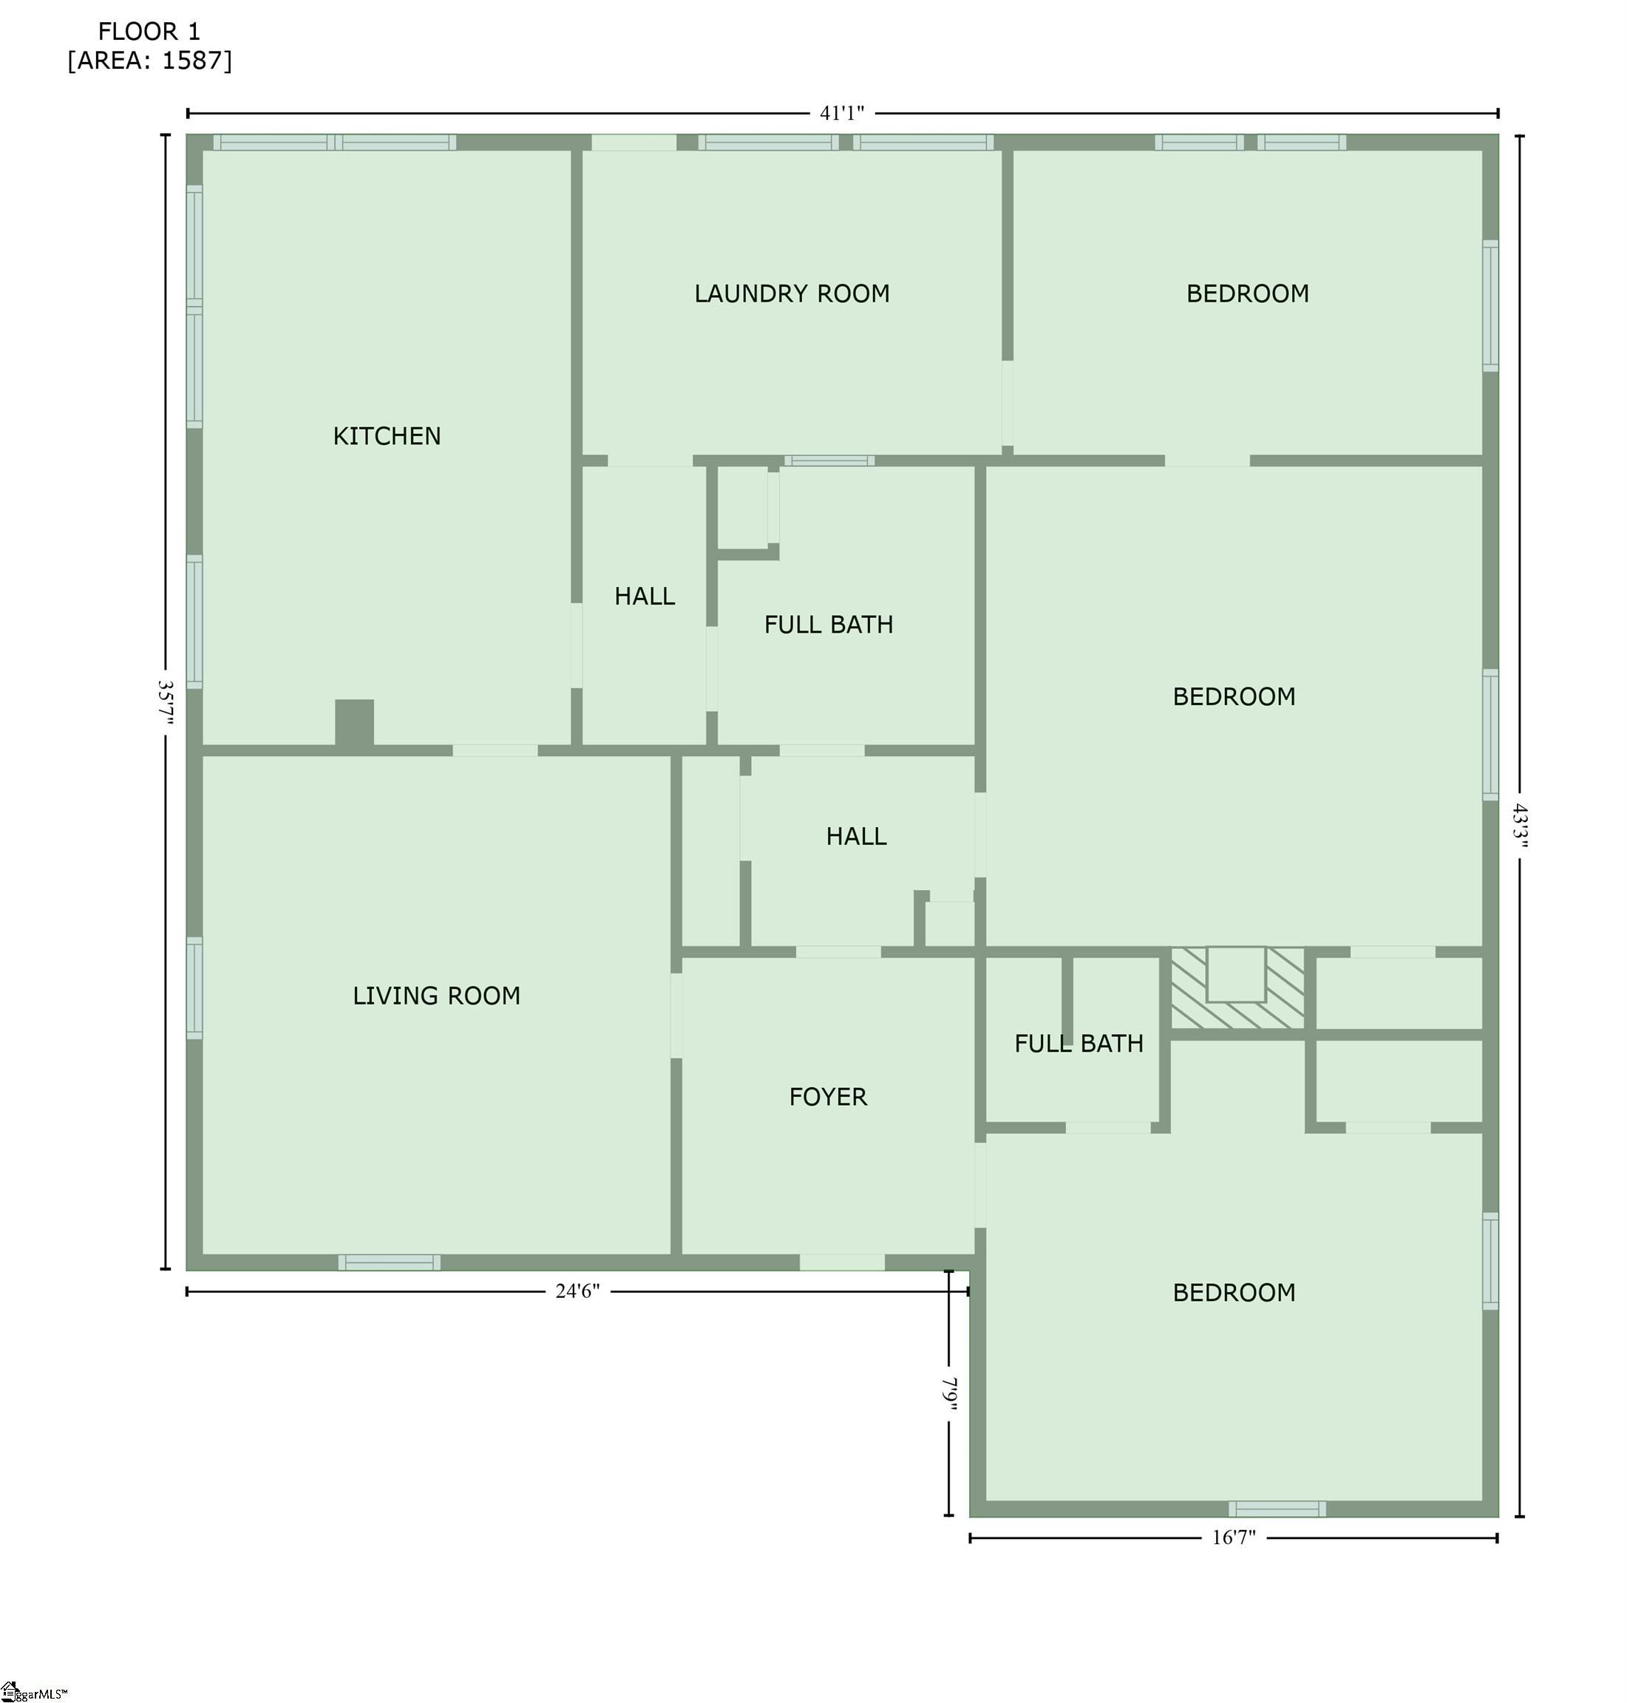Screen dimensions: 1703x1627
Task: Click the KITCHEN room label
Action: tap(387, 435)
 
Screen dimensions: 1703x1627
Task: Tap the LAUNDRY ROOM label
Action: tap(792, 294)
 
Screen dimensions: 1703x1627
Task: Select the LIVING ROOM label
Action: tap(436, 996)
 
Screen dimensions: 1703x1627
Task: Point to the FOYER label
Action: tap(827, 1097)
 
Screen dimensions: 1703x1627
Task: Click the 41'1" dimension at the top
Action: tap(842, 114)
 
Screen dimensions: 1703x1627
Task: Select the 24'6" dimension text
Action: tap(577, 1291)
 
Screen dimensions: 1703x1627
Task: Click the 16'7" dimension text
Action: tap(1233, 1537)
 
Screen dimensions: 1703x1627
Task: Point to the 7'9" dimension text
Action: tap(950, 1393)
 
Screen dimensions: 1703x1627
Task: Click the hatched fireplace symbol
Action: tap(1237, 988)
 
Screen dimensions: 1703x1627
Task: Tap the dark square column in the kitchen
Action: tap(355, 721)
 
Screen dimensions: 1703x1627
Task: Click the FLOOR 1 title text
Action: tap(149, 32)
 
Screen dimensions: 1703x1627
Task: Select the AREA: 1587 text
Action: tap(150, 61)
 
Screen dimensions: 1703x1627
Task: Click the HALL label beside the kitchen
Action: tap(645, 596)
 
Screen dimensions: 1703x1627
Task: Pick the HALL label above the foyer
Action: tap(856, 837)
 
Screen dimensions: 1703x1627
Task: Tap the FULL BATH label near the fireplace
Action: tap(1079, 1043)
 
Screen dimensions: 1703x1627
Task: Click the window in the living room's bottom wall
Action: tap(390, 1262)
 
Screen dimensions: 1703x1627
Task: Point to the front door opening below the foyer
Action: tap(842, 1262)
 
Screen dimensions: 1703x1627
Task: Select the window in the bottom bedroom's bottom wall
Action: tap(1277, 1509)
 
